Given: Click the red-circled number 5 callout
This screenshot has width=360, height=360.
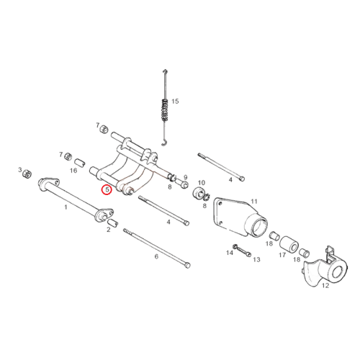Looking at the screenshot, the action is (107, 189).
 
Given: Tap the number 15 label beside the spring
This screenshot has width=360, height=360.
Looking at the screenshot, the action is (175, 102).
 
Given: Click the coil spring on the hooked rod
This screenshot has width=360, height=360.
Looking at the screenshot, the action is (165, 110).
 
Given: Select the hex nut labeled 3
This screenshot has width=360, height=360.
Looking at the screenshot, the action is (27, 174).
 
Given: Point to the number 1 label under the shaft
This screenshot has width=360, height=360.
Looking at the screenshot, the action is (66, 207).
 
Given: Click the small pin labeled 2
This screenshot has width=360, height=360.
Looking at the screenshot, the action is (113, 222).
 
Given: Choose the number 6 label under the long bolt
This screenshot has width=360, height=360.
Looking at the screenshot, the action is (156, 256).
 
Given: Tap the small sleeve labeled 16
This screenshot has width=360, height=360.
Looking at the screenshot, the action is (80, 163).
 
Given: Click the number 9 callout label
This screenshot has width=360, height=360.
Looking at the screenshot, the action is (185, 177).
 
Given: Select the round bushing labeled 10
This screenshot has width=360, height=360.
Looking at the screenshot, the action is (199, 193).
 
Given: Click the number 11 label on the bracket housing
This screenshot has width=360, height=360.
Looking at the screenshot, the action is (254, 201).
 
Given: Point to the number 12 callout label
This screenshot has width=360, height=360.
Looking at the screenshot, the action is (325, 286).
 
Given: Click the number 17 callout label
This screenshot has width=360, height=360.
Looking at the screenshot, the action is (282, 255).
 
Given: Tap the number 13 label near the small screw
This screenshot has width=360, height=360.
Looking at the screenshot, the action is (256, 259).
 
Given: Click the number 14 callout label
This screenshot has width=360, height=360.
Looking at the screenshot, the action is (230, 253).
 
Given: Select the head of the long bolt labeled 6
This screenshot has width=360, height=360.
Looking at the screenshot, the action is (187, 265).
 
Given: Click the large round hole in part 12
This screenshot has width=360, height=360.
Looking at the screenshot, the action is (338, 272).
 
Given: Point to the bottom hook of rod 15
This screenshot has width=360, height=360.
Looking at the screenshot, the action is (164, 143).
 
